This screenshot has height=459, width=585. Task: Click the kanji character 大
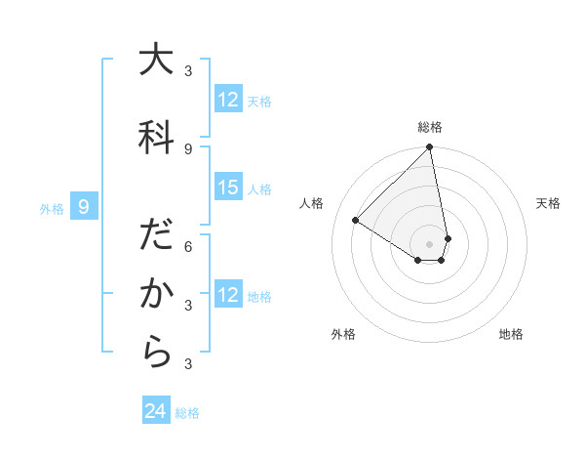(155, 61)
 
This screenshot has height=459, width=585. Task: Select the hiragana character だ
(155, 236)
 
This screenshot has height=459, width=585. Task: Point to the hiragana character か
(155, 295)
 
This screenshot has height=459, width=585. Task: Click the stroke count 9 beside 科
(188, 148)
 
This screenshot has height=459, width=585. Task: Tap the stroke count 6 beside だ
(188, 246)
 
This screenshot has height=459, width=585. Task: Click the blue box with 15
(228, 188)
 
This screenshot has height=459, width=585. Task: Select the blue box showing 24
(156, 411)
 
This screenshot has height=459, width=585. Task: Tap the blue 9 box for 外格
(84, 207)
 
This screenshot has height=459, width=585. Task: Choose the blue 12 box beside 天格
(228, 100)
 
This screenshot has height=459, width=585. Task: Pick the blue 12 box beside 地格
(228, 295)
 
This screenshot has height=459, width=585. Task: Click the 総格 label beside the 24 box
(187, 413)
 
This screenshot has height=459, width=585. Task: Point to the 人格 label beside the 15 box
(259, 188)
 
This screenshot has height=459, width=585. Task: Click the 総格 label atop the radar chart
(430, 127)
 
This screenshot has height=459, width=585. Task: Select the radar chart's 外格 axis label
(343, 334)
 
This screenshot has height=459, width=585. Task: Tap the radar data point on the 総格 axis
(430, 147)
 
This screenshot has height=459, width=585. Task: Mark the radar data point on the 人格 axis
(356, 221)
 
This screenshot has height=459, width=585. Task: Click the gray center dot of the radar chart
(430, 243)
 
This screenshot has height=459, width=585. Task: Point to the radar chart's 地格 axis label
(511, 334)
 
